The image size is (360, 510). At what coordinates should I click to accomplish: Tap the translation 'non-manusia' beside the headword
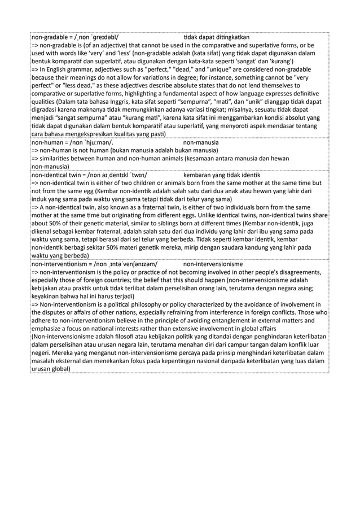[x=201, y=143]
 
